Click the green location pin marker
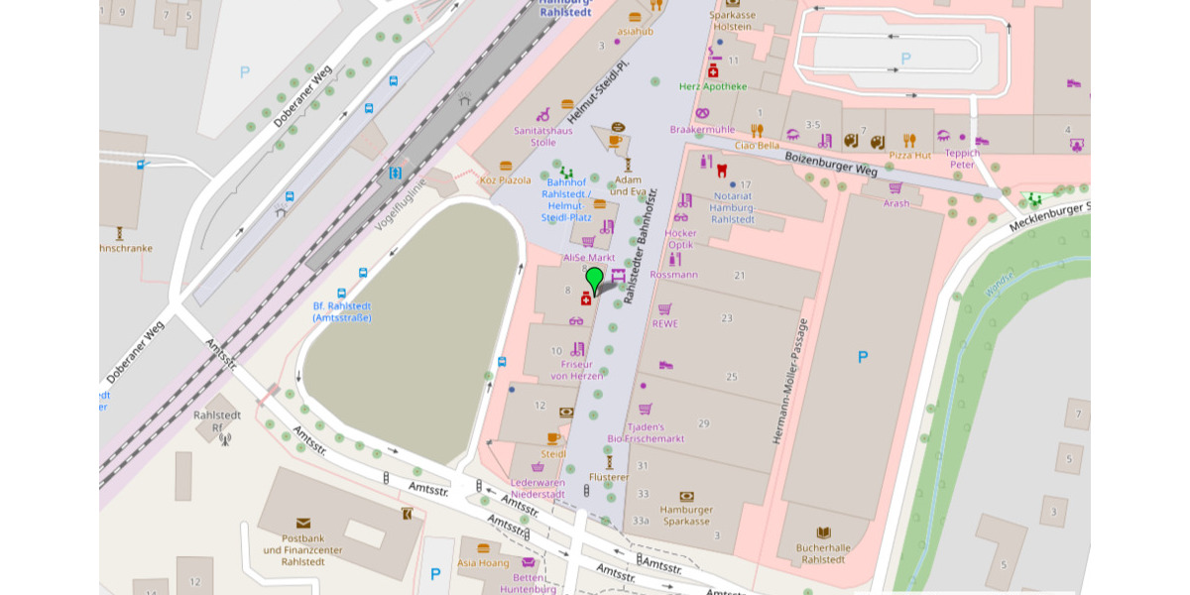tap(594, 279)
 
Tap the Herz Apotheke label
tap(713, 86)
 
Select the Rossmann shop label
tap(674, 274)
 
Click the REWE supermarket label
tap(664, 323)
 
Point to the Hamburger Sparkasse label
tap(686, 515)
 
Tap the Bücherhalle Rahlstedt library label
tap(823, 552)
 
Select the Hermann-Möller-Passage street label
tap(789, 381)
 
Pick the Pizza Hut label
tap(909, 155)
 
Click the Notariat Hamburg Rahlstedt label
tap(733, 207)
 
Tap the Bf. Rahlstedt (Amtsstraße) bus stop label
tap(341, 310)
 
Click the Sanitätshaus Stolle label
tap(542, 136)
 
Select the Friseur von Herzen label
tap(577, 370)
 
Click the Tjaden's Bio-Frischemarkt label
tap(646, 432)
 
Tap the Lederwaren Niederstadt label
tap(537, 488)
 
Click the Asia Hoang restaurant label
tap(483, 562)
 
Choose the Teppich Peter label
tap(961, 159)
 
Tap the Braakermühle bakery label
tap(702, 129)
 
